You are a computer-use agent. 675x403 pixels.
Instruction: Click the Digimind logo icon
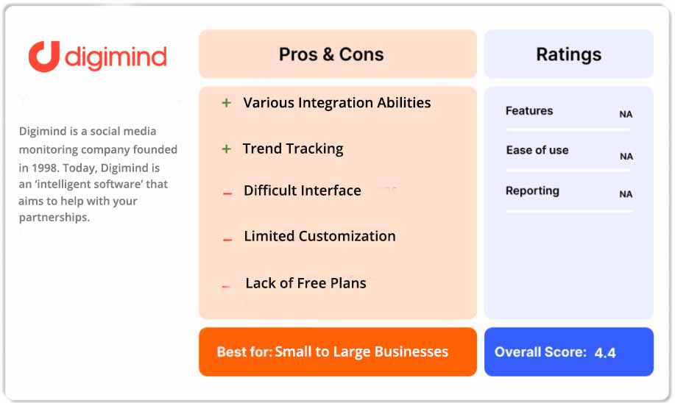[x=43, y=57]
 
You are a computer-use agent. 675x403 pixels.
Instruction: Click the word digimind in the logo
[x=116, y=57]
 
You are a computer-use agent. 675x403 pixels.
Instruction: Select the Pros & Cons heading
[x=331, y=54]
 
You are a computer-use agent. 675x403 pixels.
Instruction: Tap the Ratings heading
[x=568, y=54]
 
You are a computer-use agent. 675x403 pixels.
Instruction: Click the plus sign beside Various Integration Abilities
[x=227, y=104]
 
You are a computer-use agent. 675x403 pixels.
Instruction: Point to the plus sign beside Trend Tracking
[x=227, y=149]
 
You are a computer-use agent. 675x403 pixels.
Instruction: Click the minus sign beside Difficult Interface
[x=227, y=193]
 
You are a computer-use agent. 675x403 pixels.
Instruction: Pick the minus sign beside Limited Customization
[x=227, y=238]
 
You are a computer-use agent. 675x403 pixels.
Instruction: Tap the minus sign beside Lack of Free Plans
[x=227, y=285]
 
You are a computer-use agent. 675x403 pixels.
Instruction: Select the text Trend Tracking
[x=293, y=149]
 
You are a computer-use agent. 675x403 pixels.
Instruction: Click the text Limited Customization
[x=319, y=236]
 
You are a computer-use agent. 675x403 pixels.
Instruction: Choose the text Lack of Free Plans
[x=305, y=283]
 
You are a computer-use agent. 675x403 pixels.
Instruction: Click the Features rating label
[x=529, y=111]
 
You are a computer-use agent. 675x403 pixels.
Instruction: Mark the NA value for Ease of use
[x=626, y=157]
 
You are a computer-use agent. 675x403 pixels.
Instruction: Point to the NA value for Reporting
[x=626, y=195]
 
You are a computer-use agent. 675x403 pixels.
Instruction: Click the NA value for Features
[x=626, y=115]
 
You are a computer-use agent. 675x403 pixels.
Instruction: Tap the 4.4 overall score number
[x=605, y=353]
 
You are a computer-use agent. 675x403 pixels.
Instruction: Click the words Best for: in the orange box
[x=244, y=352]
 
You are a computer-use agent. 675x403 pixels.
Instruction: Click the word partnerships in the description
[x=54, y=218]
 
